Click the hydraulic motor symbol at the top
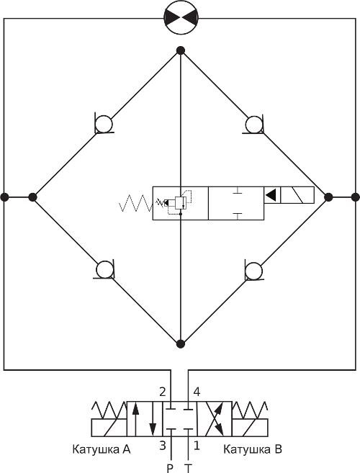tap(181, 17)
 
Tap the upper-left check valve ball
tap(104, 125)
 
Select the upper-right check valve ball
tap(253, 125)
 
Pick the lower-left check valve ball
tap(104, 269)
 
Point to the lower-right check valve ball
tap(253, 271)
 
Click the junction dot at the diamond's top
tap(181, 50)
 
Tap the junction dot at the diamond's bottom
tap(181, 343)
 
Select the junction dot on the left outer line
tap(4, 197)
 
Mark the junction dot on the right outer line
tap(356, 197)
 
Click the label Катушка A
tap(102, 449)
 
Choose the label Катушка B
tap(253, 449)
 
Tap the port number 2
tap(163, 392)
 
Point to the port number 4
tap(197, 392)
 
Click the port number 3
tap(163, 445)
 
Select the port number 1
tap(197, 445)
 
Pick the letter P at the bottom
tap(170, 469)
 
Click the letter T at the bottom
tap(189, 469)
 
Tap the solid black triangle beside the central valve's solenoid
tap(271, 195)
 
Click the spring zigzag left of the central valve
tap(136, 203)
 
